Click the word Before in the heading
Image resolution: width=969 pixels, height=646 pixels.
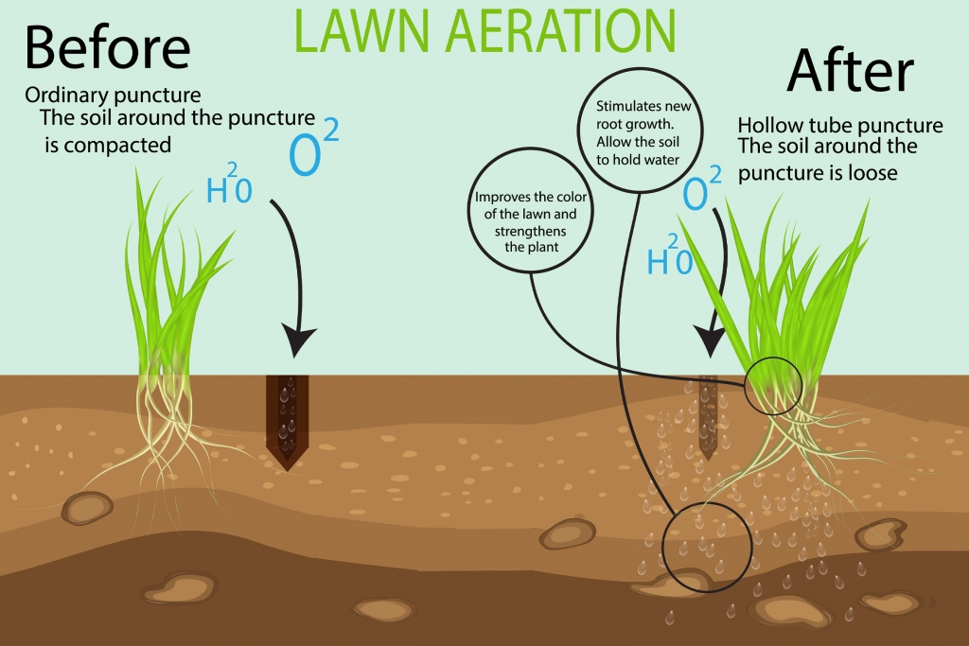(x=107, y=47)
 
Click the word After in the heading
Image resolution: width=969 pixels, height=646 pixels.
(x=851, y=70)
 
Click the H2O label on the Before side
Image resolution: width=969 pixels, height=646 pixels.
(x=230, y=187)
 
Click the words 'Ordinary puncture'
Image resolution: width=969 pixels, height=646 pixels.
(x=113, y=96)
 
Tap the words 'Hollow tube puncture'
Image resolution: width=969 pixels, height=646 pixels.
(x=839, y=125)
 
